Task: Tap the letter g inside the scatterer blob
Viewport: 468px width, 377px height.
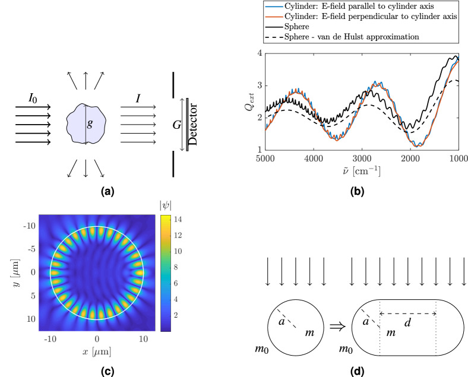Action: (90, 125)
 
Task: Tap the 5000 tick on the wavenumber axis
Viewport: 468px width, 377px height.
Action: (265, 159)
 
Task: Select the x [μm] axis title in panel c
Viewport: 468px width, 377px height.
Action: (97, 352)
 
